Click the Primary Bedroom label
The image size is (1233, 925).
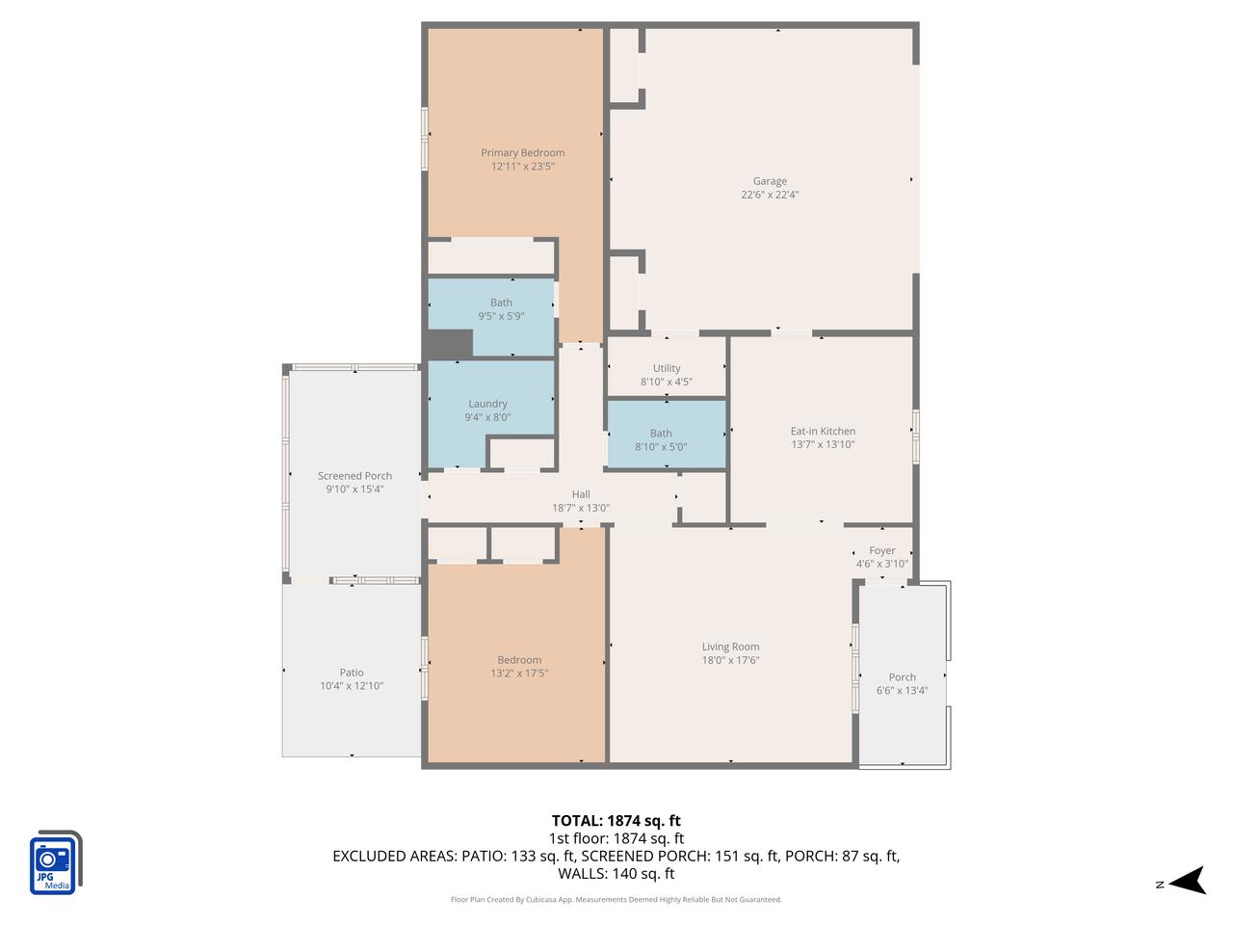click(x=522, y=153)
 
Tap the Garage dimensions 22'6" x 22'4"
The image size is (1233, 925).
click(x=770, y=195)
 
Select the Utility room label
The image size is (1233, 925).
click(x=667, y=368)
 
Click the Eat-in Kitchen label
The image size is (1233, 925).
click(x=823, y=432)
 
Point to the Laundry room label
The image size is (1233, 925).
click(x=487, y=404)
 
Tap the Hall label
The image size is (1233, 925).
click(x=581, y=494)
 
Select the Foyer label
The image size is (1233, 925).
click(x=881, y=551)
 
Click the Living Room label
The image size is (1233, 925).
click(x=730, y=647)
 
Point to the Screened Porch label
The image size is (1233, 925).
click(x=354, y=476)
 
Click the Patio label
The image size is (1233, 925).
click(x=352, y=673)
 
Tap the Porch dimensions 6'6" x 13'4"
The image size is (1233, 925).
click(x=903, y=691)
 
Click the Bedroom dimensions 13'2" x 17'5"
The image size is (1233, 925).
click(x=519, y=674)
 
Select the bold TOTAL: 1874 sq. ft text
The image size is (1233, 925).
click(x=616, y=821)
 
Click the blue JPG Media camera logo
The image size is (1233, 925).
click(x=54, y=862)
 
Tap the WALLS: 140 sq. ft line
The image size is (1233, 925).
click(x=616, y=874)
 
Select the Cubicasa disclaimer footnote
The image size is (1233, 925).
click(x=616, y=900)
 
